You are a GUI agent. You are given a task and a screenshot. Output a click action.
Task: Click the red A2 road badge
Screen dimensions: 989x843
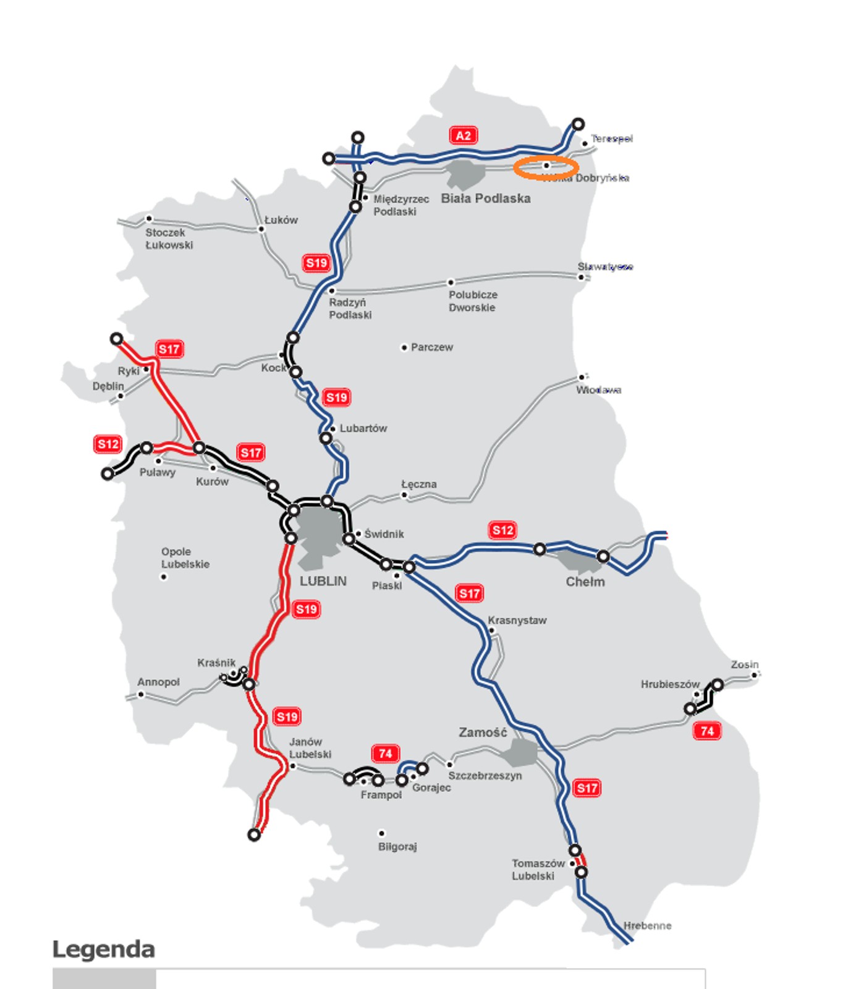tap(464, 135)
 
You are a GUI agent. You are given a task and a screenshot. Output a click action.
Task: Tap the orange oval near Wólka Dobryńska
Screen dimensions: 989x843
tap(546, 167)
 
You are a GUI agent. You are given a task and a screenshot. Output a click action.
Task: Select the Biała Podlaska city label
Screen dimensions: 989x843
tap(486, 198)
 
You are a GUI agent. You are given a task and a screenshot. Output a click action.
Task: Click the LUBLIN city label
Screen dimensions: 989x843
tap(323, 581)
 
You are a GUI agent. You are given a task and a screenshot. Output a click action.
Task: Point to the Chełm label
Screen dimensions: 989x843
tap(585, 582)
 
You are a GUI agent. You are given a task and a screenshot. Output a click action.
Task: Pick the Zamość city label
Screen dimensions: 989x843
tap(483, 732)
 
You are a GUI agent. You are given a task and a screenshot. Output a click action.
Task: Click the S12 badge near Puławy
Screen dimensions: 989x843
tap(108, 444)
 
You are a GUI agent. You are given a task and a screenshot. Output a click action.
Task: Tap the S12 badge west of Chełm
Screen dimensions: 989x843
tap(503, 530)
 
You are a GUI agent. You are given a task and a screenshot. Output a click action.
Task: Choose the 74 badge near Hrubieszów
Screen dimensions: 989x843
tap(707, 731)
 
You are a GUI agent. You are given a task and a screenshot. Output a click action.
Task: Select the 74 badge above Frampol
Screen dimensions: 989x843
tap(386, 753)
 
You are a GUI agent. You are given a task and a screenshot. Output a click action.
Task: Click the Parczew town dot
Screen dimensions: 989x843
tap(404, 348)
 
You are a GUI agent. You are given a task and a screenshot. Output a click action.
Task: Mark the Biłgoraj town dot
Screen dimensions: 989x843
tap(381, 833)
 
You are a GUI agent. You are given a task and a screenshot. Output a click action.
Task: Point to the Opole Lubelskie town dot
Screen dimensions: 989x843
tap(164, 577)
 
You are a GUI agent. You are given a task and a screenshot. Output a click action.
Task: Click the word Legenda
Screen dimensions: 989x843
tap(104, 949)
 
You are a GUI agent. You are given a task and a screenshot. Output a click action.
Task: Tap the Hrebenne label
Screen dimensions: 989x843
tap(647, 925)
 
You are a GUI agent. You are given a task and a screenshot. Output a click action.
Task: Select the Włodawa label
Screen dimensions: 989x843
tap(599, 390)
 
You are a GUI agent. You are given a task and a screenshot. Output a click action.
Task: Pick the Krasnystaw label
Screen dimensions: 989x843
tap(517, 620)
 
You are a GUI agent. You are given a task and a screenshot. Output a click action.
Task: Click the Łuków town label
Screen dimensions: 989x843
tap(281, 220)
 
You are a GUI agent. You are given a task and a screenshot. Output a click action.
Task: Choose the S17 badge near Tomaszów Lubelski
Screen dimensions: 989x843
tap(587, 787)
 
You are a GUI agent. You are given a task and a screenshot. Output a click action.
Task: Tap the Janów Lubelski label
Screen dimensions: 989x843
tap(310, 748)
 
